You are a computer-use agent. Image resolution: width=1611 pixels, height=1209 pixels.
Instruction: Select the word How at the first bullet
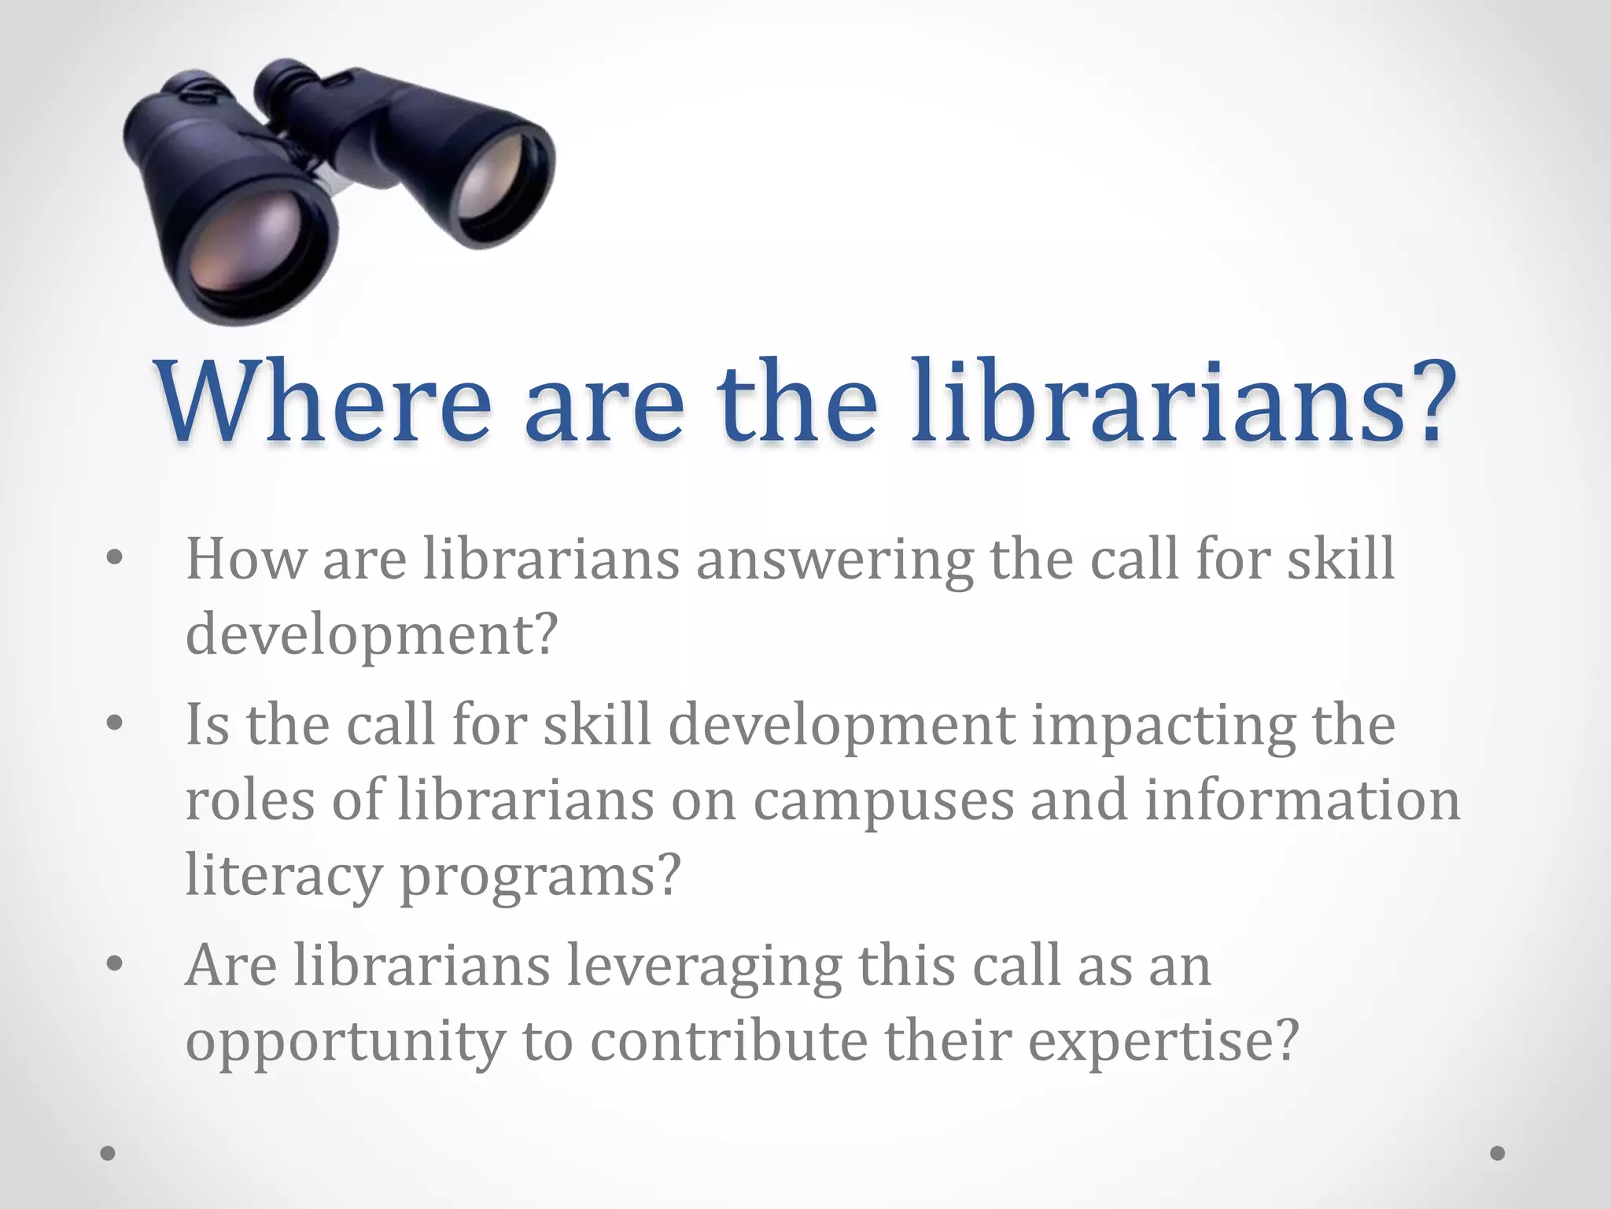pos(245,560)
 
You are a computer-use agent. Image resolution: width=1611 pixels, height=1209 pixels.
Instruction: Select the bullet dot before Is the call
pos(115,723)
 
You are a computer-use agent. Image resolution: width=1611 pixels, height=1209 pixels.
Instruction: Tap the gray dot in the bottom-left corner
pos(108,1153)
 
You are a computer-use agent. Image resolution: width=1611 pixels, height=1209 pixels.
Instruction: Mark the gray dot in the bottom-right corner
pos(1497,1153)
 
